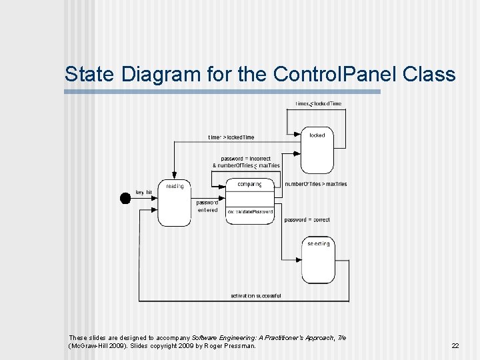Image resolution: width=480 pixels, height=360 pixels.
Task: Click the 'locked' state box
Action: pyautogui.click(x=317, y=152)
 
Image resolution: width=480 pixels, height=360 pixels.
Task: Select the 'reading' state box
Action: pyautogui.click(x=175, y=203)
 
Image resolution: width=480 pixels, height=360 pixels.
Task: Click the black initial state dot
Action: pyautogui.click(x=125, y=197)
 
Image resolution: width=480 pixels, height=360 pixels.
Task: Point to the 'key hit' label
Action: pyautogui.click(x=144, y=192)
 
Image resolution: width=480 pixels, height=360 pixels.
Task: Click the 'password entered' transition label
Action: pyautogui.click(x=207, y=206)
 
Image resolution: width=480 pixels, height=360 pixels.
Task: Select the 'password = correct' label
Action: pyautogui.click(x=307, y=219)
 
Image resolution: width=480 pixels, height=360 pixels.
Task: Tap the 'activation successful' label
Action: pyautogui.click(x=255, y=295)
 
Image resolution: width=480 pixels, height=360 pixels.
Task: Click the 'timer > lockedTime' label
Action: pyautogui.click(x=231, y=137)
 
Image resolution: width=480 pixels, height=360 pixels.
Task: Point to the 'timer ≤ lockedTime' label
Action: pyautogui.click(x=319, y=103)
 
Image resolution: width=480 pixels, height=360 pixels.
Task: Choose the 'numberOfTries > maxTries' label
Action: pyautogui.click(x=315, y=184)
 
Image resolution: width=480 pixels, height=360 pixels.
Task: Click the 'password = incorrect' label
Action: pyautogui.click(x=246, y=159)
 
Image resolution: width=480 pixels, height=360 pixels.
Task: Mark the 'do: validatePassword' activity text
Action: pyautogui.click(x=250, y=211)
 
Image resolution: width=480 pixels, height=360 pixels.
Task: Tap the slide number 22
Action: pyautogui.click(x=455, y=346)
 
